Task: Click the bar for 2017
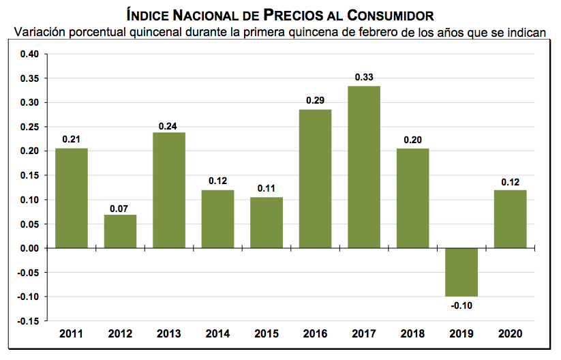pyautogui.click(x=364, y=167)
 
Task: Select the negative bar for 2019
pyautogui.click(x=461, y=272)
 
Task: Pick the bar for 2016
pyautogui.click(x=315, y=179)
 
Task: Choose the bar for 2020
pyautogui.click(x=510, y=219)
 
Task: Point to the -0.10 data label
pyautogui.click(x=461, y=305)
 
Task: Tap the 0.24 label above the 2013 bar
pyautogui.click(x=168, y=125)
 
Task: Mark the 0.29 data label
pyautogui.click(x=315, y=101)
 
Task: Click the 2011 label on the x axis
pyautogui.click(x=72, y=333)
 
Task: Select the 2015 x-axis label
pyautogui.click(x=267, y=333)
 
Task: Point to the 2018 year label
pyautogui.click(x=412, y=333)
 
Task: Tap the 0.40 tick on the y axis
pyautogui.click(x=29, y=55)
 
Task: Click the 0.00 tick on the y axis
pyautogui.click(x=29, y=248)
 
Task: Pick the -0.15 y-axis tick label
pyautogui.click(x=28, y=321)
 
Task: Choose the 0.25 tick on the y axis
pyautogui.click(x=29, y=127)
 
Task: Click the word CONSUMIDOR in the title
pyautogui.click(x=392, y=14)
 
